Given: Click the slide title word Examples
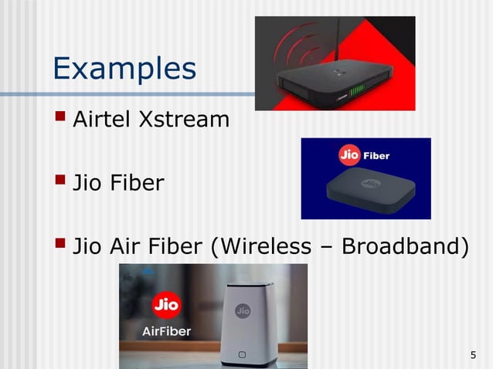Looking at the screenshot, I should click(x=124, y=68).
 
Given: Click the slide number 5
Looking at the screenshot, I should click(x=472, y=355).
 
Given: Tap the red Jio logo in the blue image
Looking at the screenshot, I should click(x=350, y=155).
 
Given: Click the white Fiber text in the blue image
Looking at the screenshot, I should click(x=376, y=155).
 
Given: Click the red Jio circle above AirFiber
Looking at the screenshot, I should click(x=166, y=304).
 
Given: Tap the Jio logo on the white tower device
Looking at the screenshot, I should click(x=242, y=311).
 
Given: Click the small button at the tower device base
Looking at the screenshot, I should click(x=242, y=355).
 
